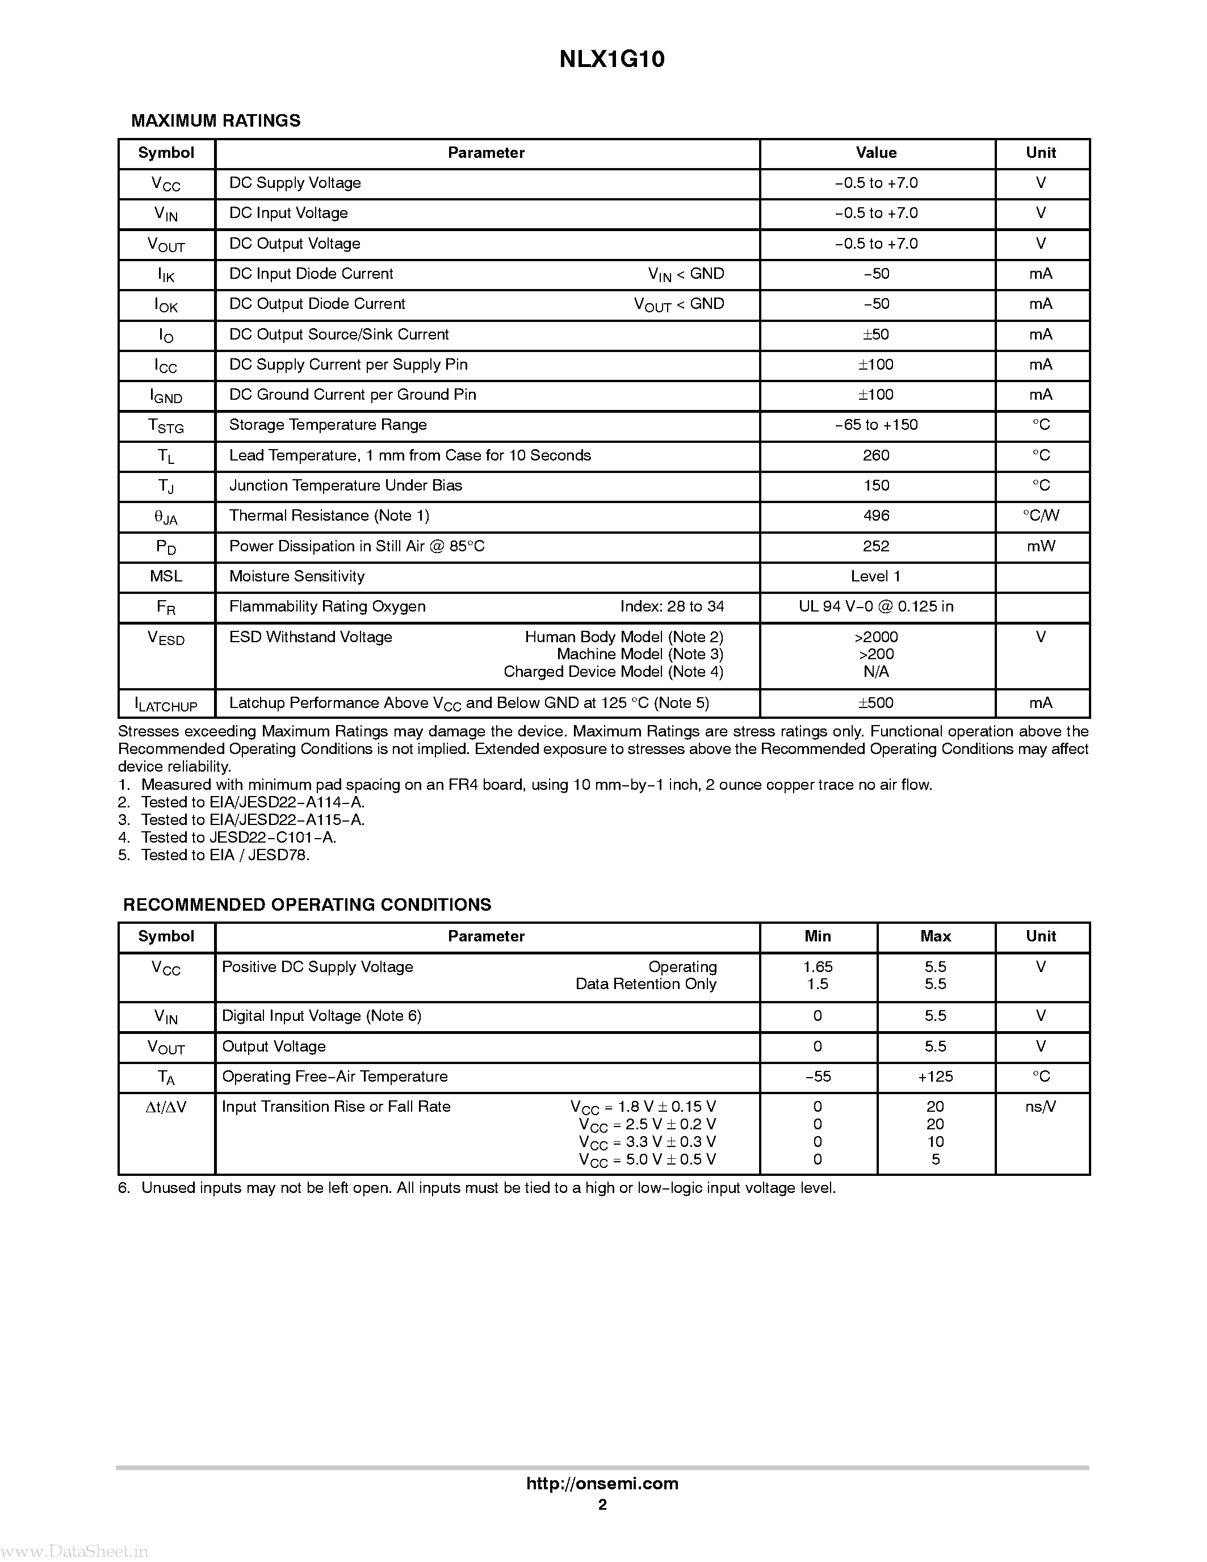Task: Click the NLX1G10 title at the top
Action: coord(611,60)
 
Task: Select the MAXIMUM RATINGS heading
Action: coord(215,121)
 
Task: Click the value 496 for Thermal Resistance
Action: coord(876,516)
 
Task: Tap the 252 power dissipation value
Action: coord(876,546)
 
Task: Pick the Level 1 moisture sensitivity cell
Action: coord(876,576)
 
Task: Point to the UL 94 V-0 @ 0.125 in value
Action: coord(876,606)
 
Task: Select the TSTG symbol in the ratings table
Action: coord(166,426)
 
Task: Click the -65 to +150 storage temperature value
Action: coord(876,425)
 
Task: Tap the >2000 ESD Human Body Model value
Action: coord(876,637)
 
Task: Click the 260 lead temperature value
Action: coord(876,455)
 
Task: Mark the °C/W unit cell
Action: coord(1041,516)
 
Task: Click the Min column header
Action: coord(818,936)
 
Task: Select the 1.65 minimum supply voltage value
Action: coord(818,967)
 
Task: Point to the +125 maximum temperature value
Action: coord(935,1077)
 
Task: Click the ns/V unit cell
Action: coord(1041,1107)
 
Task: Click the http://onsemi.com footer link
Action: coord(602,1483)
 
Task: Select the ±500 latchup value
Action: coord(876,703)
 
